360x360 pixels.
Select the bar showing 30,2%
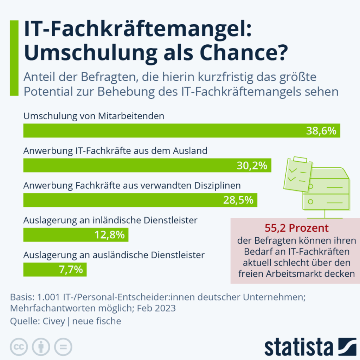click(x=147, y=166)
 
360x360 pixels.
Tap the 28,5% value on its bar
click(x=238, y=200)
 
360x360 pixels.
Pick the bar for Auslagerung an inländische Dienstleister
click(x=76, y=234)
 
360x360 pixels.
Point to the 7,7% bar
click(x=54, y=270)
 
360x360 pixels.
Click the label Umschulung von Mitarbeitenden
click(x=94, y=116)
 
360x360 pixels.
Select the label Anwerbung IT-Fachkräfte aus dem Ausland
click(x=115, y=151)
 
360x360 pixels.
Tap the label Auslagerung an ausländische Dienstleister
click(x=114, y=255)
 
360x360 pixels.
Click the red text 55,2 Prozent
click(x=296, y=228)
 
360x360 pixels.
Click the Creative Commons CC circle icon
click(x=19, y=347)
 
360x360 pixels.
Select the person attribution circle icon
click(x=41, y=347)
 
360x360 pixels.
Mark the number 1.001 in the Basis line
click(x=50, y=297)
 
